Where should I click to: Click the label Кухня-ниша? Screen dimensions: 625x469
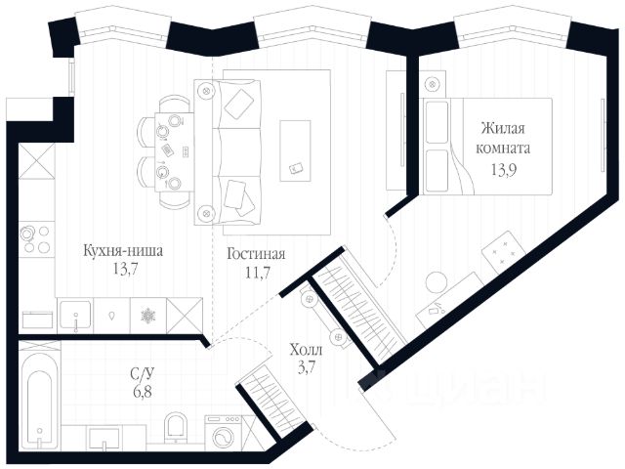[122, 251]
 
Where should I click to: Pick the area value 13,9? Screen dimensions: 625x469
[504, 168]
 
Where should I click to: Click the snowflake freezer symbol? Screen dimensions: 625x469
[148, 317]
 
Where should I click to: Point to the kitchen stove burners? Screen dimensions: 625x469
[35, 239]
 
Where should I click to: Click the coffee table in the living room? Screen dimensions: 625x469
[295, 149]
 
